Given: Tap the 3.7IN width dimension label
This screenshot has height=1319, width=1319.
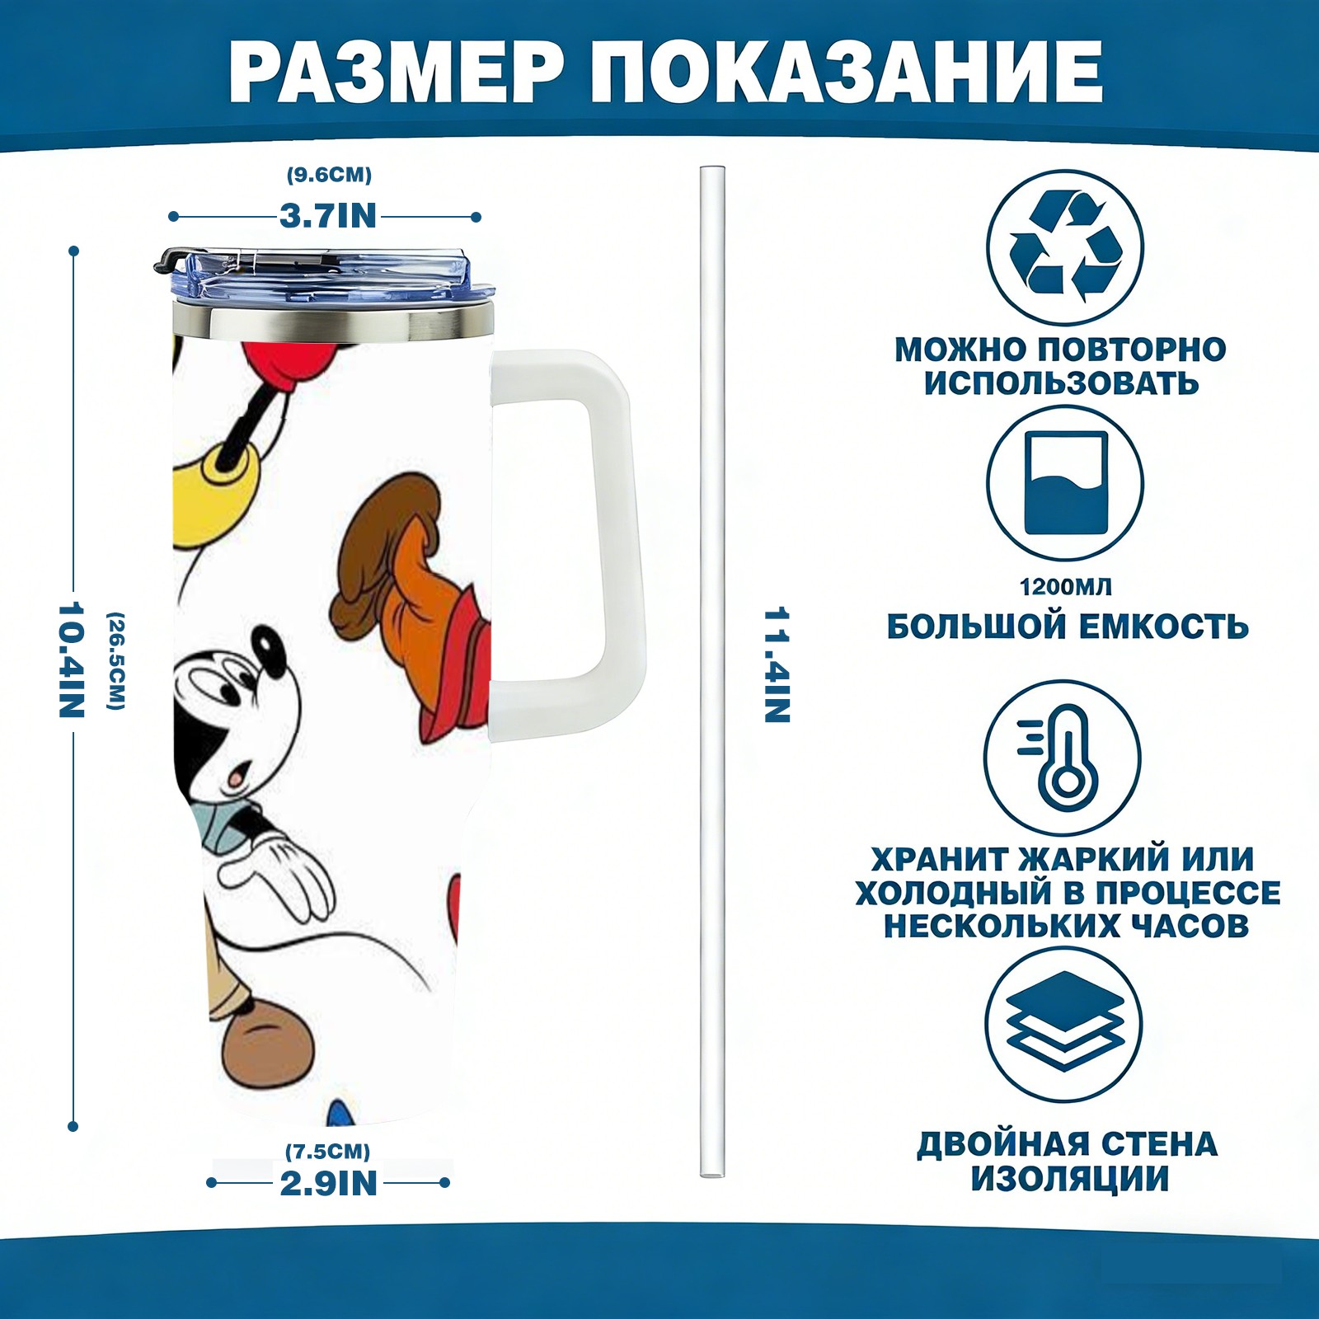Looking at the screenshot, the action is (327, 217).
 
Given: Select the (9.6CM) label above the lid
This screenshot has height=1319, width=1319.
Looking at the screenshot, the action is (329, 175).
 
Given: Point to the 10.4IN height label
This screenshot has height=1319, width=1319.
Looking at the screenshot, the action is (72, 659).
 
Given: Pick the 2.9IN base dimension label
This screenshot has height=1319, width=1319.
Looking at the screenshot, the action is (329, 1183).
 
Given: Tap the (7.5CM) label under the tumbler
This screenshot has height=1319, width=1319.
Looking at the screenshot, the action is (328, 1151).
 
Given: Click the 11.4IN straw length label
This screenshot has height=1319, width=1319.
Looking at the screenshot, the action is (777, 665).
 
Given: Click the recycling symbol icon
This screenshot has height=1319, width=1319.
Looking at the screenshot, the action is (1065, 246).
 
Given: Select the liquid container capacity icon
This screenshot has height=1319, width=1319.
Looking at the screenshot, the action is (1065, 484).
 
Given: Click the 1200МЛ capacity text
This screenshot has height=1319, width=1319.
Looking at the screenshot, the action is (1065, 587).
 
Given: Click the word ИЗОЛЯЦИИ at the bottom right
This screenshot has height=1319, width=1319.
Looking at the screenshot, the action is (1070, 1179).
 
